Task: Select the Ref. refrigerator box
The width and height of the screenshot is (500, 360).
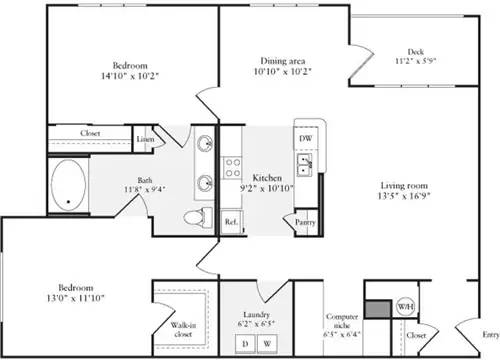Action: click(230, 221)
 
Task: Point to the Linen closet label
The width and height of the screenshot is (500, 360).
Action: click(146, 140)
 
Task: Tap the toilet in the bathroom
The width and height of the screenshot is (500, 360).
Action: click(196, 217)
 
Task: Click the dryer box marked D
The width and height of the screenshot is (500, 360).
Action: click(243, 343)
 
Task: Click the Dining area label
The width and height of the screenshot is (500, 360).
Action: click(283, 61)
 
